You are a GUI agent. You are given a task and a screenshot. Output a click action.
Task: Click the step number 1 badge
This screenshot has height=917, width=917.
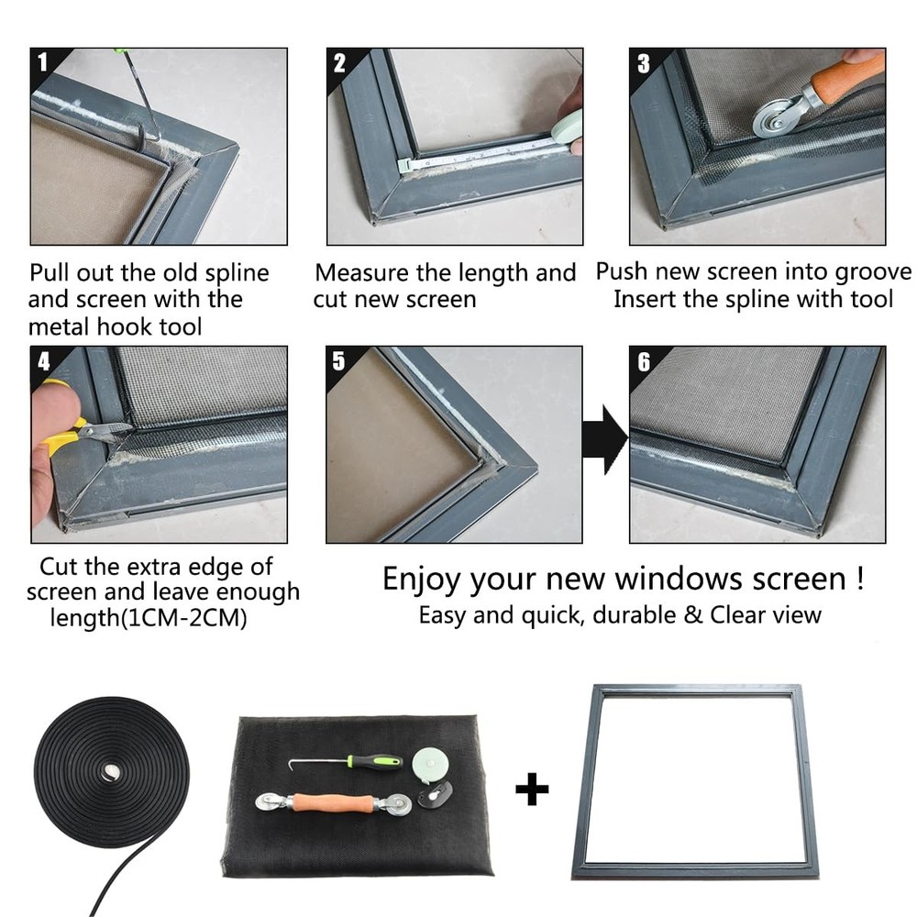tap(43, 61)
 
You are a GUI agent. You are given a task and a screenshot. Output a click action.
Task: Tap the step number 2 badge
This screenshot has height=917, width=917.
tap(339, 63)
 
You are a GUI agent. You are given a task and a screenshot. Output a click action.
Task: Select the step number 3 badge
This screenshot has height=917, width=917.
tap(644, 63)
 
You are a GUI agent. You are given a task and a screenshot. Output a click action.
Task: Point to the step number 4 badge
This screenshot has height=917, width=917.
tap(44, 361)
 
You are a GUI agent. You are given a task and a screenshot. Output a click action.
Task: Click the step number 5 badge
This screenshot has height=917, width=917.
tap(338, 360)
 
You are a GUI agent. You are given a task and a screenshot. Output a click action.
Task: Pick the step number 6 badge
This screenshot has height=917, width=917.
tap(644, 362)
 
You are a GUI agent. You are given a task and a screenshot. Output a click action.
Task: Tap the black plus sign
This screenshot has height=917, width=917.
tap(532, 789)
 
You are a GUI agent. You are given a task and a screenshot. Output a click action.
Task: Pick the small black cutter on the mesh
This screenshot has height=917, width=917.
tap(435, 794)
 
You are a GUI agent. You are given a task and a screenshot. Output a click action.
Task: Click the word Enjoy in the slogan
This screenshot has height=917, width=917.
tap(422, 580)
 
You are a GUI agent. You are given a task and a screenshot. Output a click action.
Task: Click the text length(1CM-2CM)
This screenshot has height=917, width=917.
tap(149, 618)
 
